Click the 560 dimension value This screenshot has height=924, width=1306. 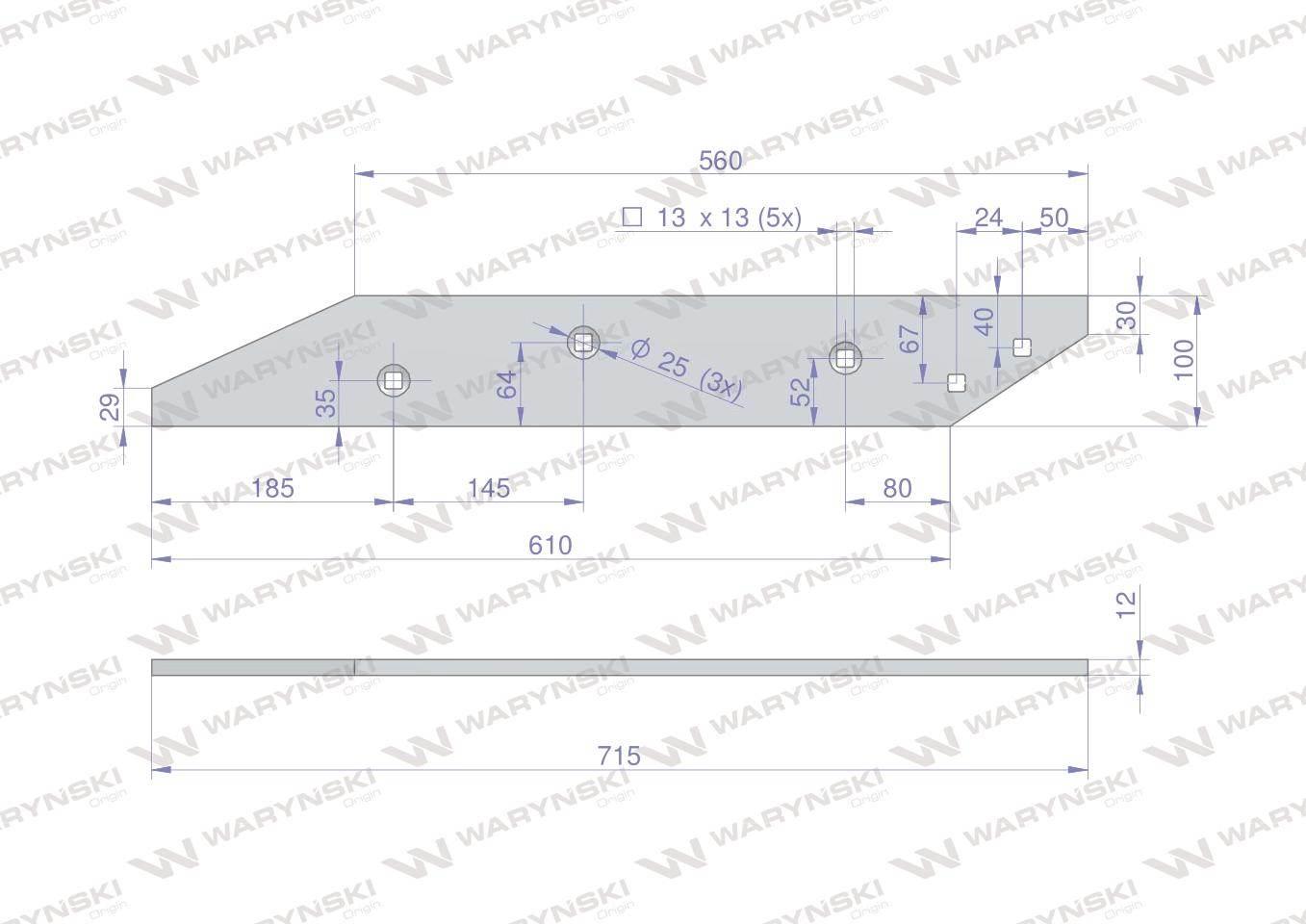(721, 161)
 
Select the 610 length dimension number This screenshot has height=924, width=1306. (550, 546)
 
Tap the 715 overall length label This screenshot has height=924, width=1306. (619, 757)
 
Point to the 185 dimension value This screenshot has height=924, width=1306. (272, 488)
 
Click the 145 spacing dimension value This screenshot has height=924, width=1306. (489, 488)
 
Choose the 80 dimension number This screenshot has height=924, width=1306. (897, 488)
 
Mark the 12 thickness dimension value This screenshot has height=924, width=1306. (1128, 605)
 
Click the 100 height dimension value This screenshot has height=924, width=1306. (1185, 360)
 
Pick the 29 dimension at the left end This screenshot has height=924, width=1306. (112, 407)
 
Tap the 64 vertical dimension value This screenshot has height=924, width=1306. (507, 384)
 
